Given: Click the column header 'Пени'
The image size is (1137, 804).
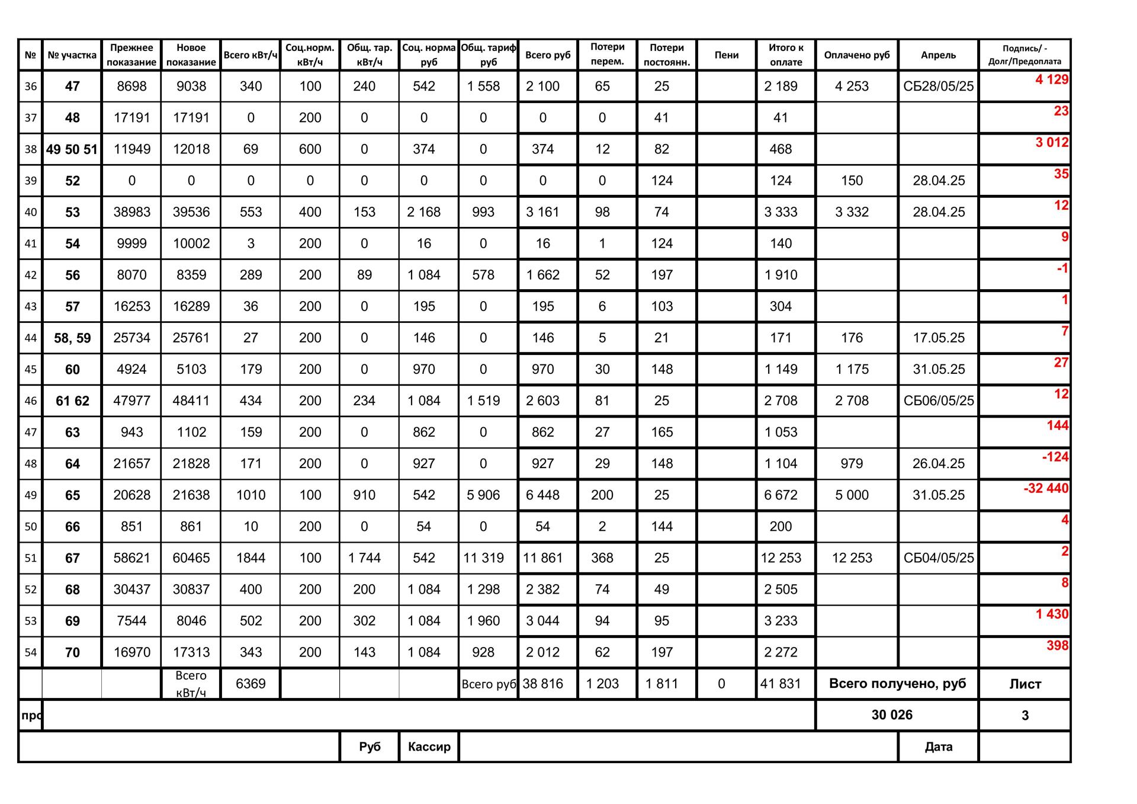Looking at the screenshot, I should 726,55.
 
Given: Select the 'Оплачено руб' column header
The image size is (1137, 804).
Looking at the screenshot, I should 856,55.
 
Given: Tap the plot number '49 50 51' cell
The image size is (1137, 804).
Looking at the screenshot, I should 72,149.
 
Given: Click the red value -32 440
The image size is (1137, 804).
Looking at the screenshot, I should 1046,489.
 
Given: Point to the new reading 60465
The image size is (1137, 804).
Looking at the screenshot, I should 191,558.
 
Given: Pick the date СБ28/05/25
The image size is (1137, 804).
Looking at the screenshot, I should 938,87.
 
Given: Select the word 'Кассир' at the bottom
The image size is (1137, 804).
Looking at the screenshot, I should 429,747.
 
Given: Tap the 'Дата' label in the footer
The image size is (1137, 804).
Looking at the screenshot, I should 938,747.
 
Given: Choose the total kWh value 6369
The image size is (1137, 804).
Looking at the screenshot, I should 250,684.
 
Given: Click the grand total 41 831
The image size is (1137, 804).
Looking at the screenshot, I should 780,684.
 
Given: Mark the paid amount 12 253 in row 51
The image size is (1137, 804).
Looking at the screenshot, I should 852,558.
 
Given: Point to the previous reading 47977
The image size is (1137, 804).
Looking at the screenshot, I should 131,401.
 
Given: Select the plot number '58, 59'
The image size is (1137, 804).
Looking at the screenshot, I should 72,338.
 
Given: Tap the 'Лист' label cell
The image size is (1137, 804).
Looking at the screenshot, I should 1024,684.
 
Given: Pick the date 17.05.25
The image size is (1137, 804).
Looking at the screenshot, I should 938,338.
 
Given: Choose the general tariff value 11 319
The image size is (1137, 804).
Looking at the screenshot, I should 483,558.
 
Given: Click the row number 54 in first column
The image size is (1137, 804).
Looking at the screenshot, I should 31,653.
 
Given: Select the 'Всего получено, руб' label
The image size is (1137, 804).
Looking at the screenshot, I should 897,684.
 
